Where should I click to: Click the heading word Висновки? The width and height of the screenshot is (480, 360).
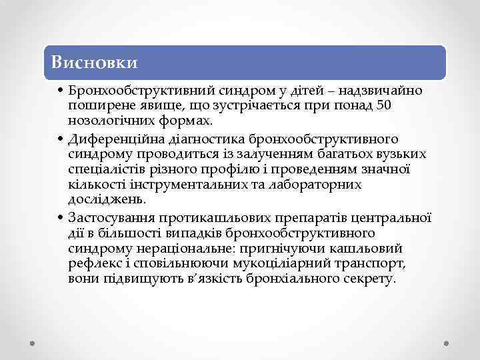pos(95,63)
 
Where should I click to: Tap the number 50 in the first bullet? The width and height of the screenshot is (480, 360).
pos(384,105)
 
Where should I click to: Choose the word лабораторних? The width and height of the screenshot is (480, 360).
pos(317,185)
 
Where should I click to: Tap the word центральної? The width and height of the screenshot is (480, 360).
pos(394,218)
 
